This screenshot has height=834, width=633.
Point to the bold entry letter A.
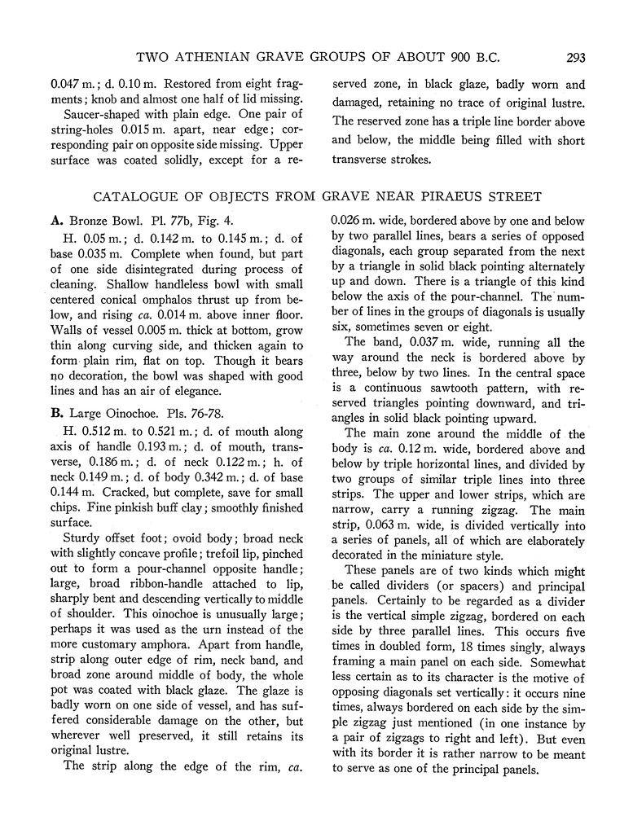(x=56, y=220)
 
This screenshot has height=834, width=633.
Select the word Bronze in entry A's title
(x=89, y=220)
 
